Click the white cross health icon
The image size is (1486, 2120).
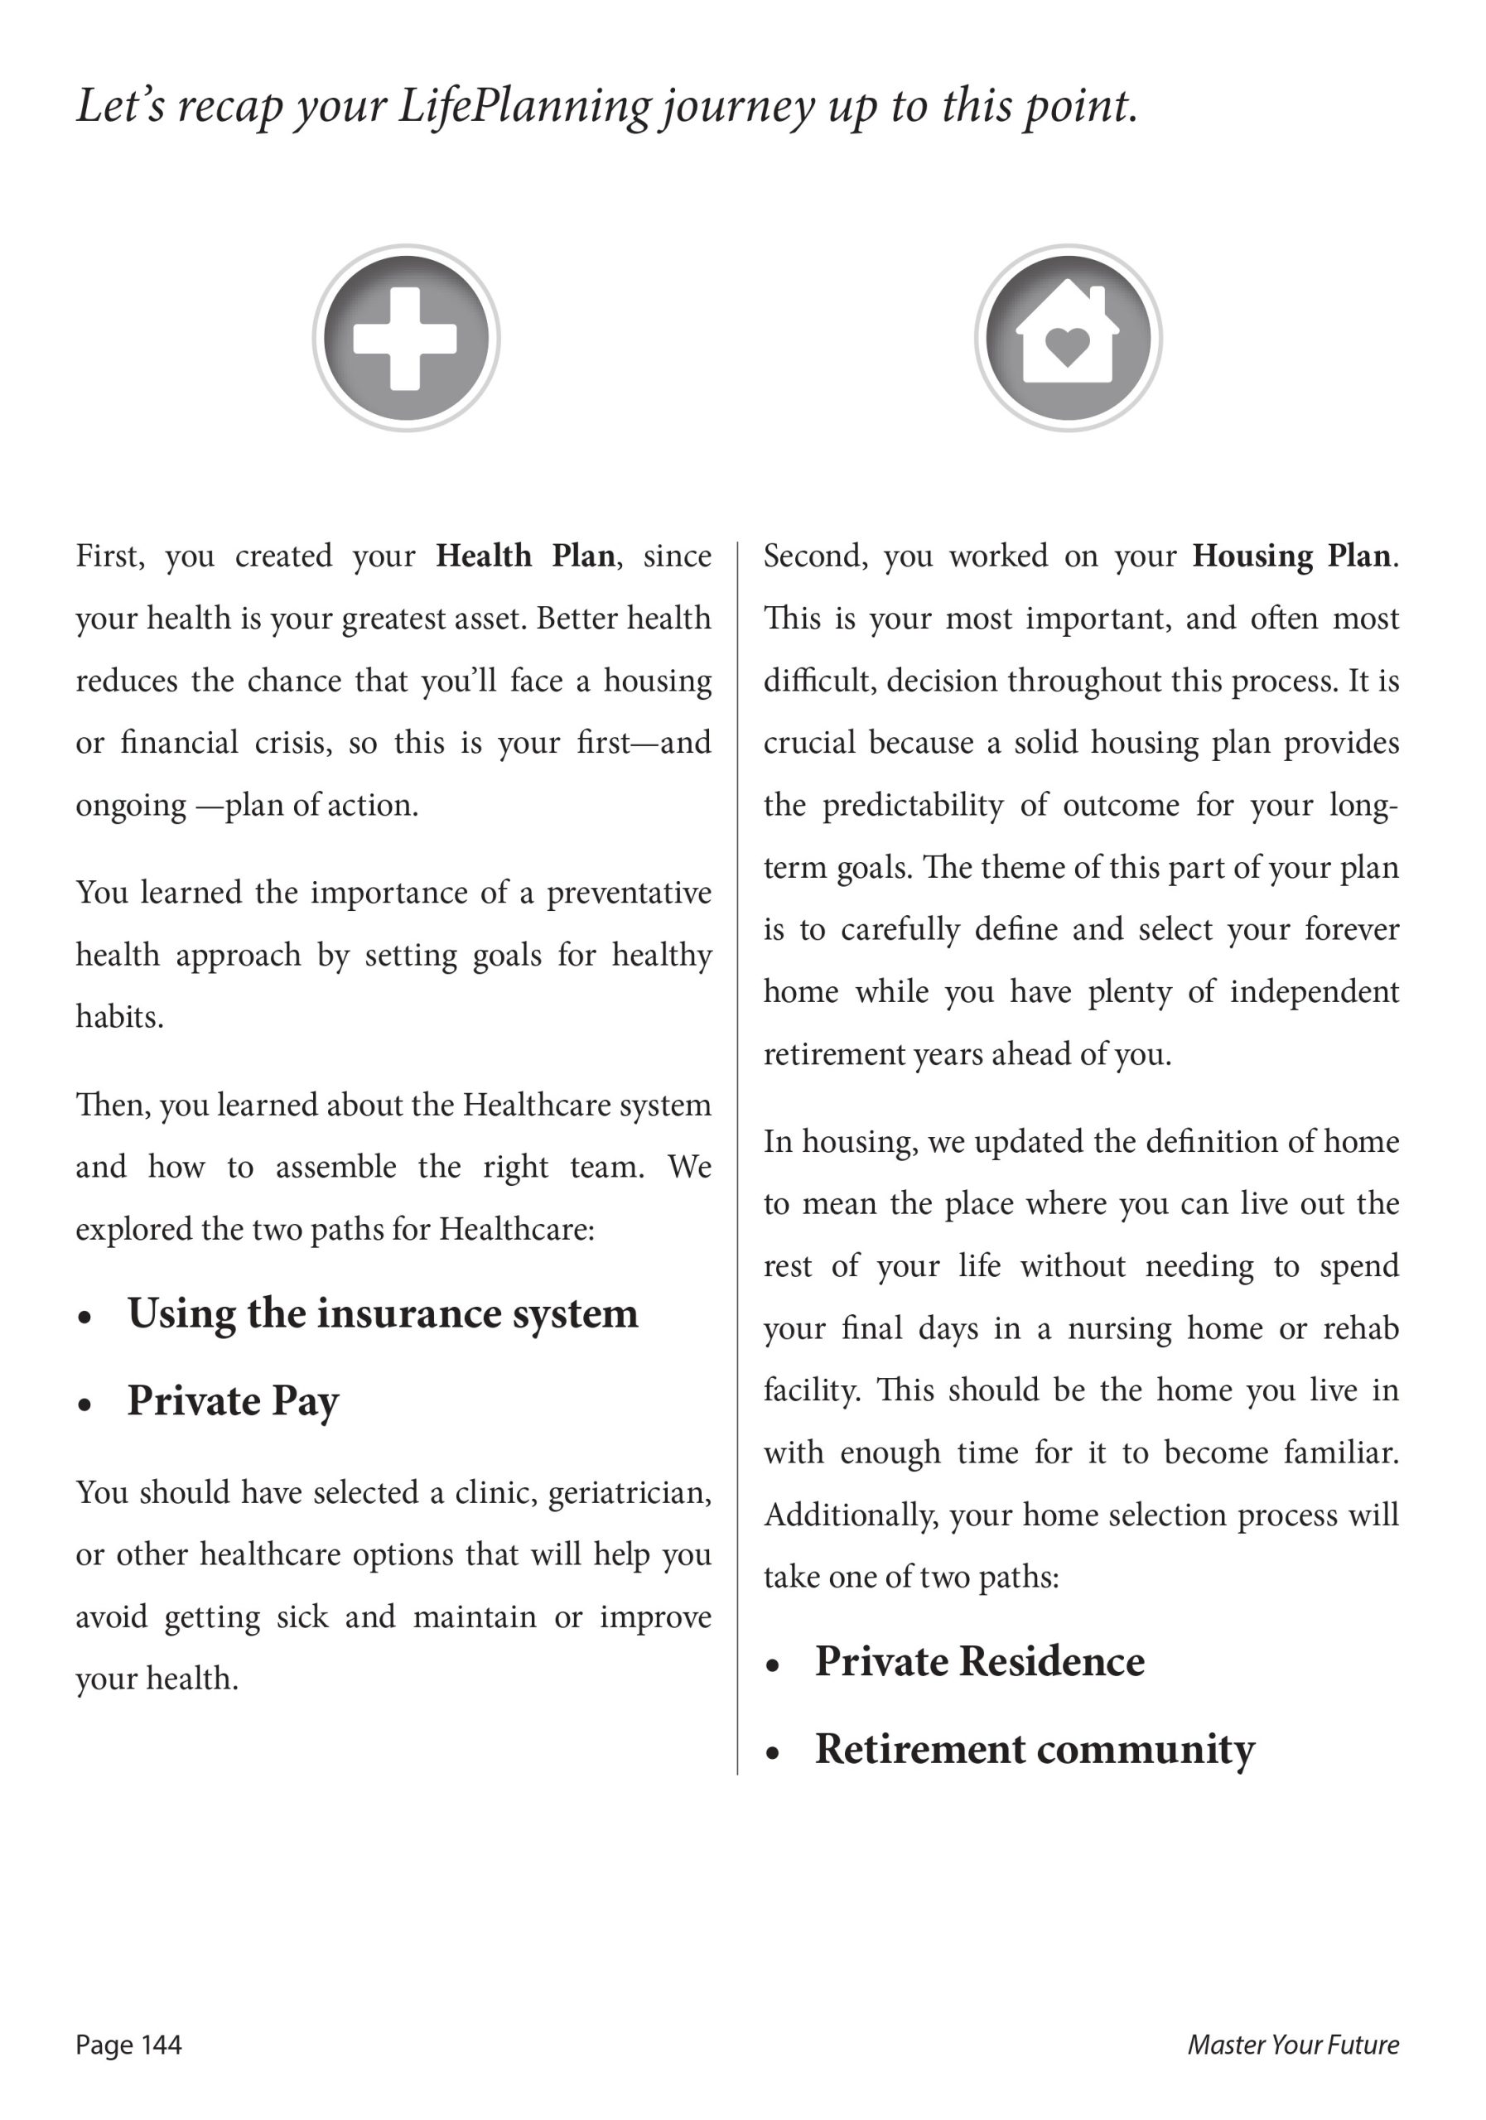[x=405, y=339]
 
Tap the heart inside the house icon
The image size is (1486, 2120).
[x=1068, y=345]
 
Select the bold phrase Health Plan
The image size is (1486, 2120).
[x=524, y=556]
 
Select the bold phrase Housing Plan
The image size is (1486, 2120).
[x=1291, y=556]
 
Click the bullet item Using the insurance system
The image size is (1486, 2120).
[x=383, y=1314]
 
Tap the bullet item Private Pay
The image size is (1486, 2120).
[x=233, y=1402]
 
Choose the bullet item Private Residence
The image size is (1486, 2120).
[x=979, y=1662]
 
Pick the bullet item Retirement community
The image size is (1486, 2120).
[x=1034, y=1750]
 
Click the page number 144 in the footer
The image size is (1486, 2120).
[x=162, y=2045]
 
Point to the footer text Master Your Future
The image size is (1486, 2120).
[x=1292, y=2045]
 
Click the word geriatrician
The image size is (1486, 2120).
[x=629, y=1493]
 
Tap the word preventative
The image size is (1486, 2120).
[x=628, y=893]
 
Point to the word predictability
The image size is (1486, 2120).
[x=911, y=805]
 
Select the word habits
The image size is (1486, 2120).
[x=119, y=1018]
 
